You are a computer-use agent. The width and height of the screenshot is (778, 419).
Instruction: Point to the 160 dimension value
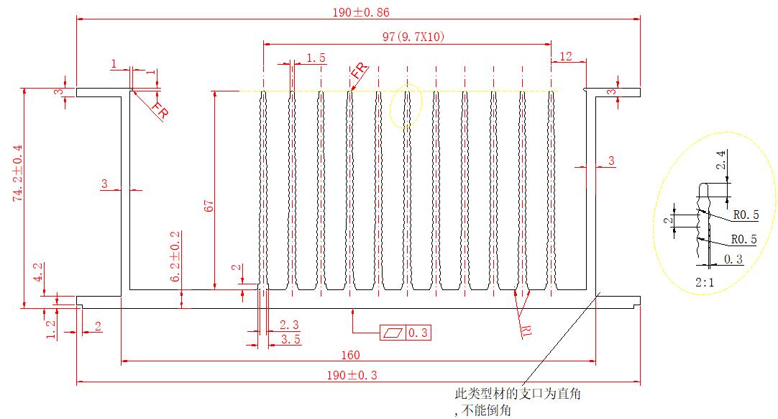[352, 355]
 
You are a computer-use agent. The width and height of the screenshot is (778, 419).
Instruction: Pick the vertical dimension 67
[208, 204]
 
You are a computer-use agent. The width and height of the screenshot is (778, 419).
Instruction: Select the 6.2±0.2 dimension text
[175, 257]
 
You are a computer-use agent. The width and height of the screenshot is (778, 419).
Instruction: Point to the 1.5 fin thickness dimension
[316, 58]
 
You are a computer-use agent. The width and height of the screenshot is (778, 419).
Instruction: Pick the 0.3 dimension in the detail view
[733, 259]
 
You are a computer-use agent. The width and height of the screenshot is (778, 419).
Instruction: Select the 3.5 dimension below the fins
[290, 338]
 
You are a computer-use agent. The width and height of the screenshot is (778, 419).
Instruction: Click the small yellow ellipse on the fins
[407, 107]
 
